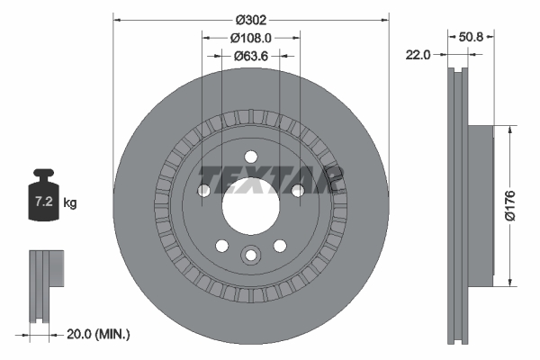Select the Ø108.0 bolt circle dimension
click(x=250, y=38)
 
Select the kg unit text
click(x=70, y=203)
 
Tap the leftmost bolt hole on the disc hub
click(x=203, y=190)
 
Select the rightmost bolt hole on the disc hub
click(x=297, y=189)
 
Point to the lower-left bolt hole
click(x=221, y=245)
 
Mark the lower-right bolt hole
click(x=279, y=245)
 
